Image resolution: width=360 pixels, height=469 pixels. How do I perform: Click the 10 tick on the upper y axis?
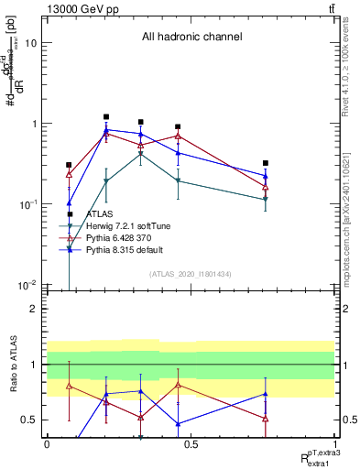point(32,43)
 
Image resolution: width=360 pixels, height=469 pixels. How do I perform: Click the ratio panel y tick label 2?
point(35,309)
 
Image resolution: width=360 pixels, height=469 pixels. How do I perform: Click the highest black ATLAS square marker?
point(106,117)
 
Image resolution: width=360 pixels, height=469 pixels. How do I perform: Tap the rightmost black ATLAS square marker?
point(265,163)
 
